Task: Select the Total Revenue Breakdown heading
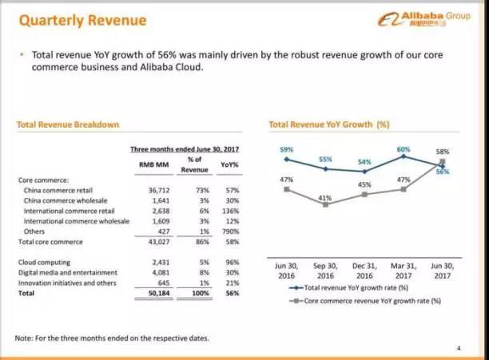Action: pos(68,125)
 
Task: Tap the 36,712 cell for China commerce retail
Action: pos(153,191)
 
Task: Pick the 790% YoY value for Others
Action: pos(232,231)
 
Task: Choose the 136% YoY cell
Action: pos(232,211)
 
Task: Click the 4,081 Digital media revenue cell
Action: pos(155,272)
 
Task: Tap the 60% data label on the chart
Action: pos(404,149)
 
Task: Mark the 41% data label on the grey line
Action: pos(325,197)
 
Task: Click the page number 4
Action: pos(459,347)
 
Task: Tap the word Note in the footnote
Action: pos(25,338)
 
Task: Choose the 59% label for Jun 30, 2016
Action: pos(287,149)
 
